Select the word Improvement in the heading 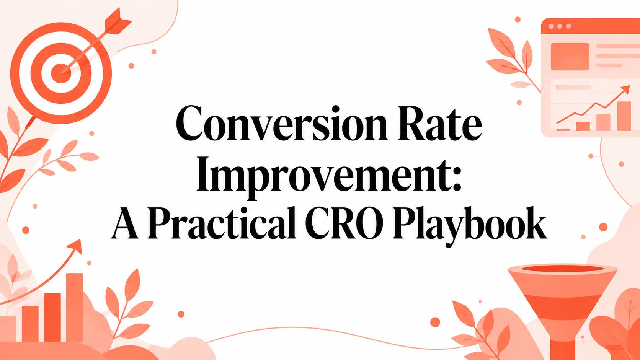[323, 175]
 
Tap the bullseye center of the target [61, 73]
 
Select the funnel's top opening [563, 269]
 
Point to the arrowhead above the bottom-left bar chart [76, 246]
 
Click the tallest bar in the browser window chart [624, 116]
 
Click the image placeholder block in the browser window [570, 57]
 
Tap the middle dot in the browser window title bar [560, 26]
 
